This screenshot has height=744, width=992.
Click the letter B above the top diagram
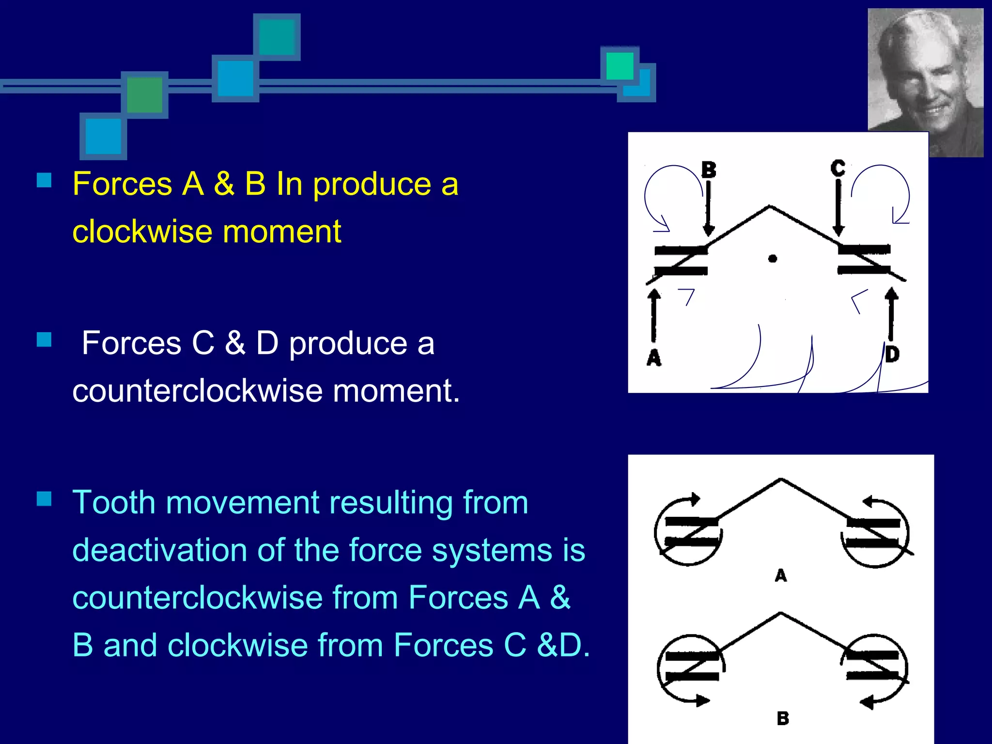[709, 170]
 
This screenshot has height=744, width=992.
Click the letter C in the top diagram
[838, 168]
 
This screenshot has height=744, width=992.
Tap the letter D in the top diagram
[892, 354]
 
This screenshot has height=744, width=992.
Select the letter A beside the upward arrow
[654, 357]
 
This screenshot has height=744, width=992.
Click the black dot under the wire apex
[773, 259]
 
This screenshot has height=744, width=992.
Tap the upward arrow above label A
[654, 315]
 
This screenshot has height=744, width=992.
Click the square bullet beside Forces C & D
[44, 340]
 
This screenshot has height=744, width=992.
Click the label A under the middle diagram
[781, 575]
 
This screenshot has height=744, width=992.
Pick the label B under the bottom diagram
[783, 718]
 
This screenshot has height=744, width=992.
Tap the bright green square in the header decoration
[620, 65]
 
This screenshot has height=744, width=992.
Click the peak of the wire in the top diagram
[770, 207]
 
